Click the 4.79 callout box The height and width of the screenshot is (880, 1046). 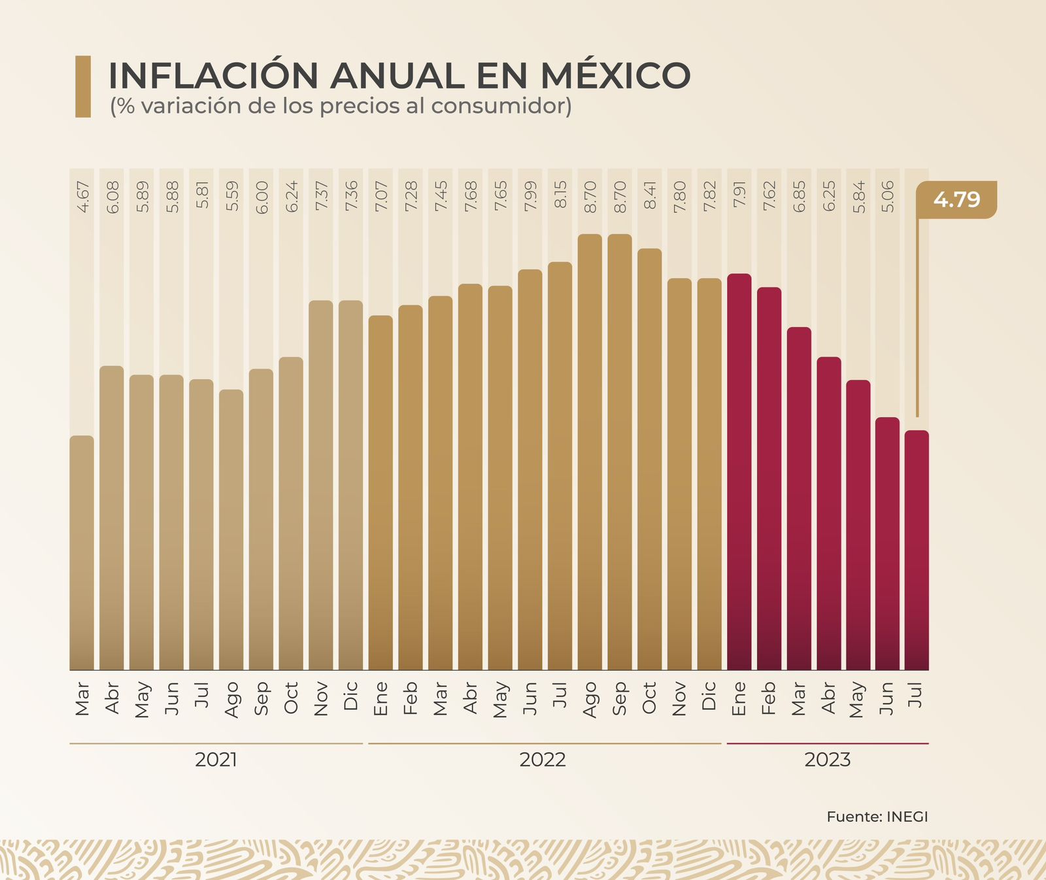(956, 199)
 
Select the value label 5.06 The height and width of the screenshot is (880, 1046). (887, 196)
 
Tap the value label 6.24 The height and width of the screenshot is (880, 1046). (292, 196)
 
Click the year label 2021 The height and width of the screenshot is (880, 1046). (216, 760)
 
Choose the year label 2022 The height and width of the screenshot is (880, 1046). (543, 760)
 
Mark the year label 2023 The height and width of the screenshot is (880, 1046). (827, 760)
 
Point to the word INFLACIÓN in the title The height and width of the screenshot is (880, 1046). (213, 76)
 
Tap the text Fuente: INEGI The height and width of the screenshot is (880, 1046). (877, 817)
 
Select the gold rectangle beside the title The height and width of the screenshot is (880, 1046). (83, 86)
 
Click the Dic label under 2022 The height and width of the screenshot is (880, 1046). (709, 696)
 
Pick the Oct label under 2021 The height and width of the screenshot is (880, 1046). (292, 698)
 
